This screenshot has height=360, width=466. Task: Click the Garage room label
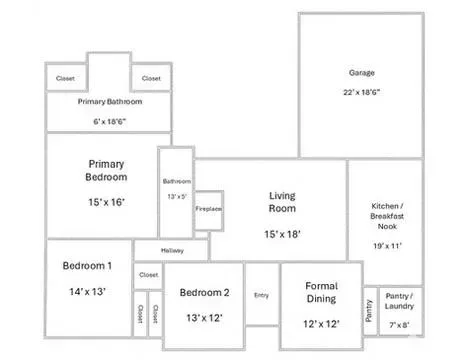362,73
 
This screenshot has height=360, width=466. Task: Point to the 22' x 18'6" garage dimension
362,92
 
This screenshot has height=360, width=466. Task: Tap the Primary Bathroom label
110,102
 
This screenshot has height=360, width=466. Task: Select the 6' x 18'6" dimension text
110,121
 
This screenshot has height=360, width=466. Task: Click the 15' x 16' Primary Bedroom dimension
106,202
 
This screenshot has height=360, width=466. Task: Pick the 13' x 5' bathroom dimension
177,197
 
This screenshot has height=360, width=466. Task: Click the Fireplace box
209,211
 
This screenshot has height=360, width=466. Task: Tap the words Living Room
282,202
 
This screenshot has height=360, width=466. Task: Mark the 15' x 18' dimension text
282,234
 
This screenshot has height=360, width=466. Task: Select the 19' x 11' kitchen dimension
387,246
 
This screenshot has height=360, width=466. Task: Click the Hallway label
172,250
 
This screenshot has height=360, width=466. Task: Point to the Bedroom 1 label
87,266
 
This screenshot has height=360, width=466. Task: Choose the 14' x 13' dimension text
87,291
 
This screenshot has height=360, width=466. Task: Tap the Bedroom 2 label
205,292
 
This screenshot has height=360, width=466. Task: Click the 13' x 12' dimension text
205,318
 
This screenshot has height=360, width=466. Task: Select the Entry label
261,295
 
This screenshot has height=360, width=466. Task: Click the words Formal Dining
322,292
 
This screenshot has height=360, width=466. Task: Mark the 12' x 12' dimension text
322,324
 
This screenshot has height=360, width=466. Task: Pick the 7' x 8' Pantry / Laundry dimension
399,325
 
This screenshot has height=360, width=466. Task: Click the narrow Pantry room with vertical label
370,311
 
